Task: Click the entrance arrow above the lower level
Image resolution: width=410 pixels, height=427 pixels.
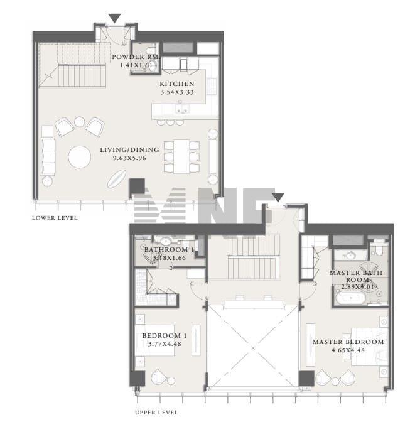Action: (114, 18)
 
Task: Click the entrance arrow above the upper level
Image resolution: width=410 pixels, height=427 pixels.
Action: (278, 197)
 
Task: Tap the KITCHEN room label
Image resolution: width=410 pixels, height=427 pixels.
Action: (177, 84)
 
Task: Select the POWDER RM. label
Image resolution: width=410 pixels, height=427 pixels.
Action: (136, 57)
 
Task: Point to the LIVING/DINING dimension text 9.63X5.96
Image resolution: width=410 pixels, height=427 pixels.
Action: (129, 158)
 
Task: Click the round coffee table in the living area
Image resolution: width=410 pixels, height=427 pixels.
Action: (80, 157)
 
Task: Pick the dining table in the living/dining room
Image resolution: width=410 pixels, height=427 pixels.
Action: (181, 156)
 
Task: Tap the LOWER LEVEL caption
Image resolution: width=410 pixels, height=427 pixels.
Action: (55, 218)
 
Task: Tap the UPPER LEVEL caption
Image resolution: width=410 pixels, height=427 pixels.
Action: (156, 413)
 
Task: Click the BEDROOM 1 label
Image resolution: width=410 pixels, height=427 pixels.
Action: (165, 335)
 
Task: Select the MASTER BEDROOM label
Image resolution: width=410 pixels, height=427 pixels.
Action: (348, 342)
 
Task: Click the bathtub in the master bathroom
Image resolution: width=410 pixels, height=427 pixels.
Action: (350, 298)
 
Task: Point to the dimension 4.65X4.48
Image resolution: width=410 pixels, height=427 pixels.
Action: (348, 350)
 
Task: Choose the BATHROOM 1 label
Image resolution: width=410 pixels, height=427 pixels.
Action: (169, 250)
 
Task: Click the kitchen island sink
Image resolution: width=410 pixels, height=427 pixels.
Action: (181, 110)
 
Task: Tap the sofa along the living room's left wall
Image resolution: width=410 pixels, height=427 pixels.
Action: (48, 156)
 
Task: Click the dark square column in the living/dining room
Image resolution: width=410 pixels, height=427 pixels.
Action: (137, 186)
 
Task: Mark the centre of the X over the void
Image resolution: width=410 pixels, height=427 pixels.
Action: (253, 348)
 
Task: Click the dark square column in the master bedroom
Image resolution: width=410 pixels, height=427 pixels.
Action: (306, 379)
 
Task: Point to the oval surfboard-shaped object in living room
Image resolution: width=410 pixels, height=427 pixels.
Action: (117, 179)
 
